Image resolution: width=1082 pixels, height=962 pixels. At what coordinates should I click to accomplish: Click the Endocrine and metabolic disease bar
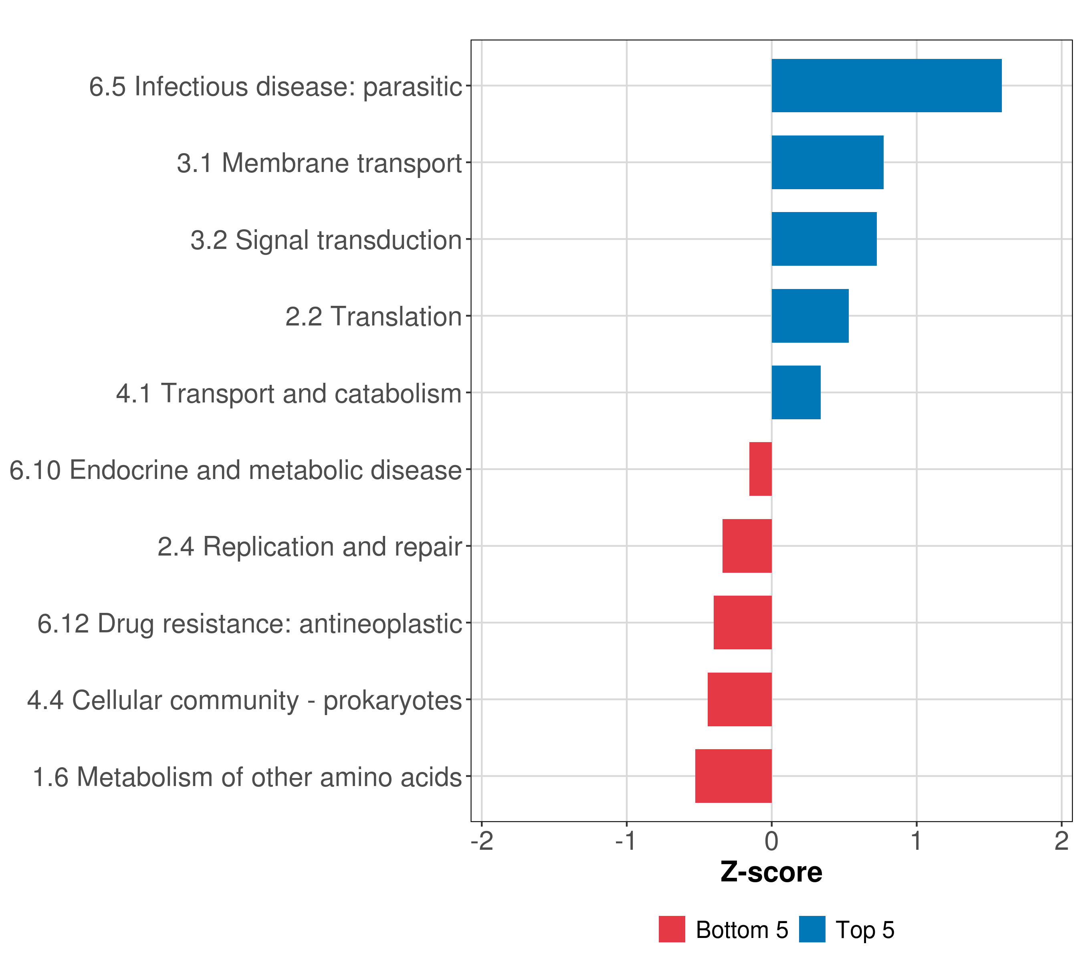click(760, 469)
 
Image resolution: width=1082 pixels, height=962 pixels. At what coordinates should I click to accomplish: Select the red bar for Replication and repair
click(747, 546)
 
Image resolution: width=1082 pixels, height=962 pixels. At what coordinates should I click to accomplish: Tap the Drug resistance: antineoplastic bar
click(742, 622)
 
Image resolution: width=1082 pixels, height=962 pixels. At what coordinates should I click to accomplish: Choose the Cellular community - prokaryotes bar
click(739, 699)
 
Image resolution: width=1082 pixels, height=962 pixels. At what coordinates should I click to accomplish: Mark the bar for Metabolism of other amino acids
click(733, 776)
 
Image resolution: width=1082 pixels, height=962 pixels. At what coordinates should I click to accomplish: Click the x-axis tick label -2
click(482, 841)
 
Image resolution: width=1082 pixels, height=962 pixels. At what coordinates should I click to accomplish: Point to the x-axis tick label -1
click(626, 841)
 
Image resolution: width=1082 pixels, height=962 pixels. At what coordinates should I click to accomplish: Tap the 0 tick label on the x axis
click(771, 841)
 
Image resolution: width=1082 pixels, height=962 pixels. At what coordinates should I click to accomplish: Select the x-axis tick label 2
click(1061, 841)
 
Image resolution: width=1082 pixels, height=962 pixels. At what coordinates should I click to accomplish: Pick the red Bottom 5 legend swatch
click(672, 929)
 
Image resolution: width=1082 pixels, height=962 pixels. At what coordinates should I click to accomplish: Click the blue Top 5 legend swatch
click(812, 929)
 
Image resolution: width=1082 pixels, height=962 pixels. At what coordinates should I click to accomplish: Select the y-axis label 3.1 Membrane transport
click(319, 163)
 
